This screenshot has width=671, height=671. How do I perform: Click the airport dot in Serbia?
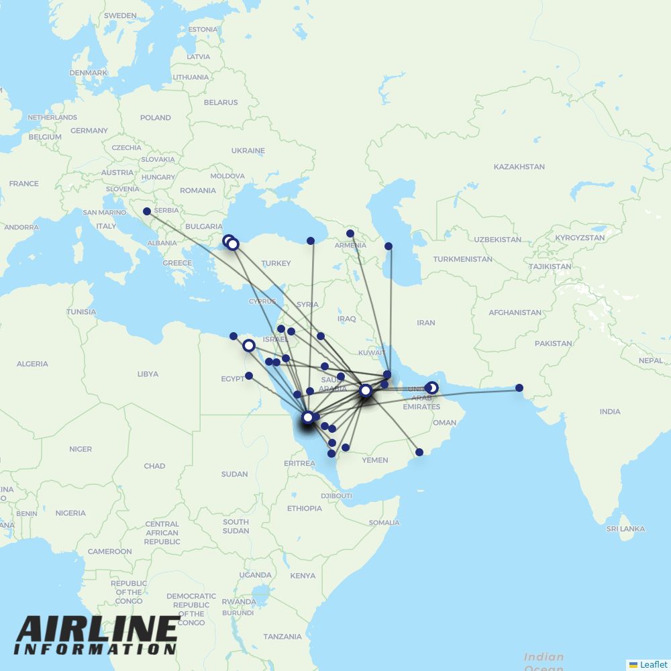[147, 211]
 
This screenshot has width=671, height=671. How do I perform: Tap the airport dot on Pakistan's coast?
[519, 388]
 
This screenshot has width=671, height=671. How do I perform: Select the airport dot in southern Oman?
[419, 452]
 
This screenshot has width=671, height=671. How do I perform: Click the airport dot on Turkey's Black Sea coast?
[311, 241]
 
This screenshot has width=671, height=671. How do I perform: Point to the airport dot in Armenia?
[350, 234]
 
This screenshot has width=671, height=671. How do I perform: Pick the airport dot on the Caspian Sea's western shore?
[389, 246]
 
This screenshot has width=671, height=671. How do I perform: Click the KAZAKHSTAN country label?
[519, 166]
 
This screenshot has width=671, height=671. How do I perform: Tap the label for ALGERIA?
[32, 364]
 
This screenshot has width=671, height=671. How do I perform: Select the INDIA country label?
[610, 411]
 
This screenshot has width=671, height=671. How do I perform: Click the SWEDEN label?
[120, 15]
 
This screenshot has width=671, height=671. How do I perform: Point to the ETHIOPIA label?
[305, 508]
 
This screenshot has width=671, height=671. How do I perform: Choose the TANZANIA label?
[282, 636]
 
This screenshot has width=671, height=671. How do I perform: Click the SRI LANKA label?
[625, 529]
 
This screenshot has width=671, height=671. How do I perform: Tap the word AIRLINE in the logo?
[97, 629]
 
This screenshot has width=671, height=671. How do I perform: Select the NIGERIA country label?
[70, 513]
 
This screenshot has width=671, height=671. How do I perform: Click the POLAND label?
[156, 117]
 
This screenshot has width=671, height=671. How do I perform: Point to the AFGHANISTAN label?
[515, 312]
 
